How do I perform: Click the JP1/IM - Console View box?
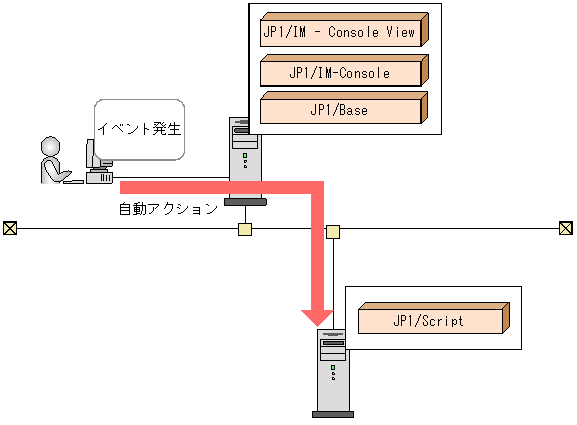point(341,31)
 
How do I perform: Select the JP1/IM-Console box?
point(341,72)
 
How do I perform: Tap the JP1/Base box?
point(341,109)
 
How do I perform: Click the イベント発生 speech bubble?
point(140,129)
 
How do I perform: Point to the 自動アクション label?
point(168,210)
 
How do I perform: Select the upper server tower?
point(243,156)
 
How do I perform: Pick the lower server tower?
point(331,370)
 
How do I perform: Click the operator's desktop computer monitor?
point(92,154)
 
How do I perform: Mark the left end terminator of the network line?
point(9,228)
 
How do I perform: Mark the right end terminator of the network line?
point(566,228)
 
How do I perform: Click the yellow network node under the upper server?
point(244,229)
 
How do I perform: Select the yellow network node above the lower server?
point(332,232)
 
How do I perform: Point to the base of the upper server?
point(244,202)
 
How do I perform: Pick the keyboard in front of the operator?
point(100,177)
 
